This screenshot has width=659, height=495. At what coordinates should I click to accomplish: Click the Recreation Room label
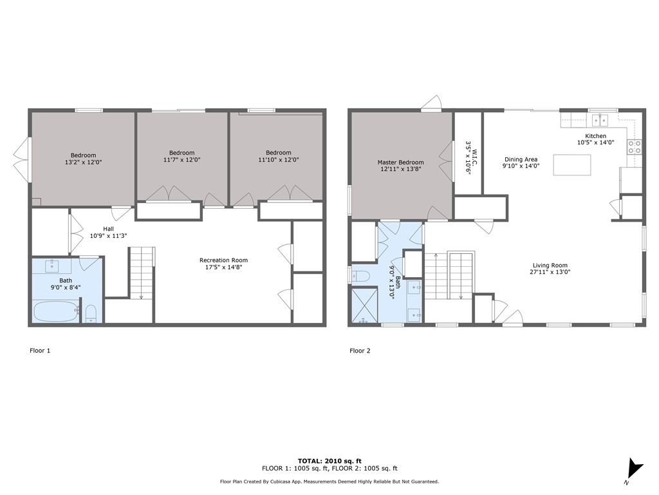click(223, 260)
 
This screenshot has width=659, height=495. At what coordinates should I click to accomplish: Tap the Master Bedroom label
click(400, 162)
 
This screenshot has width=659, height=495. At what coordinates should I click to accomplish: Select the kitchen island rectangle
click(571, 164)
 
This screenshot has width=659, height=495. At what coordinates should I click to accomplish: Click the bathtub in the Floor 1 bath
click(57, 311)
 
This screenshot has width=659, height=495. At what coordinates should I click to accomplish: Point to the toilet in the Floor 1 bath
click(91, 314)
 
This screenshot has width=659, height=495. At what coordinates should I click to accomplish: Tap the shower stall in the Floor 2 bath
click(364, 305)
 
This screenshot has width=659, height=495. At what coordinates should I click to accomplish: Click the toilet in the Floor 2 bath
click(360, 276)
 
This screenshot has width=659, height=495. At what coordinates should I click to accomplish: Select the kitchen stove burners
click(635, 146)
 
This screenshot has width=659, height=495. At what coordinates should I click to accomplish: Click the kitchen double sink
click(600, 120)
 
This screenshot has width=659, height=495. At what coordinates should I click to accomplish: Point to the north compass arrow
click(633, 469)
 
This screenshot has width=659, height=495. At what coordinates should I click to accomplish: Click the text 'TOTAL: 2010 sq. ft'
click(329, 461)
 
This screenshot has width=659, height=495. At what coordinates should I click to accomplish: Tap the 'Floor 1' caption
click(40, 350)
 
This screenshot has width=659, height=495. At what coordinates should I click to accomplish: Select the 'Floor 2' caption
click(360, 350)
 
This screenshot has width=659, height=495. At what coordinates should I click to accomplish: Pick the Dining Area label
click(521, 159)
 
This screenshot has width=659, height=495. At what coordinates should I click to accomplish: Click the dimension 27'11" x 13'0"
click(550, 272)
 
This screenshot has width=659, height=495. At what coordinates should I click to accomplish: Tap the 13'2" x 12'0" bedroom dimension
click(83, 162)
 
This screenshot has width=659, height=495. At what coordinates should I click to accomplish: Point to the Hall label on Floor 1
click(108, 229)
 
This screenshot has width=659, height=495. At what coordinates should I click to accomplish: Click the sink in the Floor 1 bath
click(52, 266)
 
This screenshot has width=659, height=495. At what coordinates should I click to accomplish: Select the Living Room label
click(550, 265)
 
